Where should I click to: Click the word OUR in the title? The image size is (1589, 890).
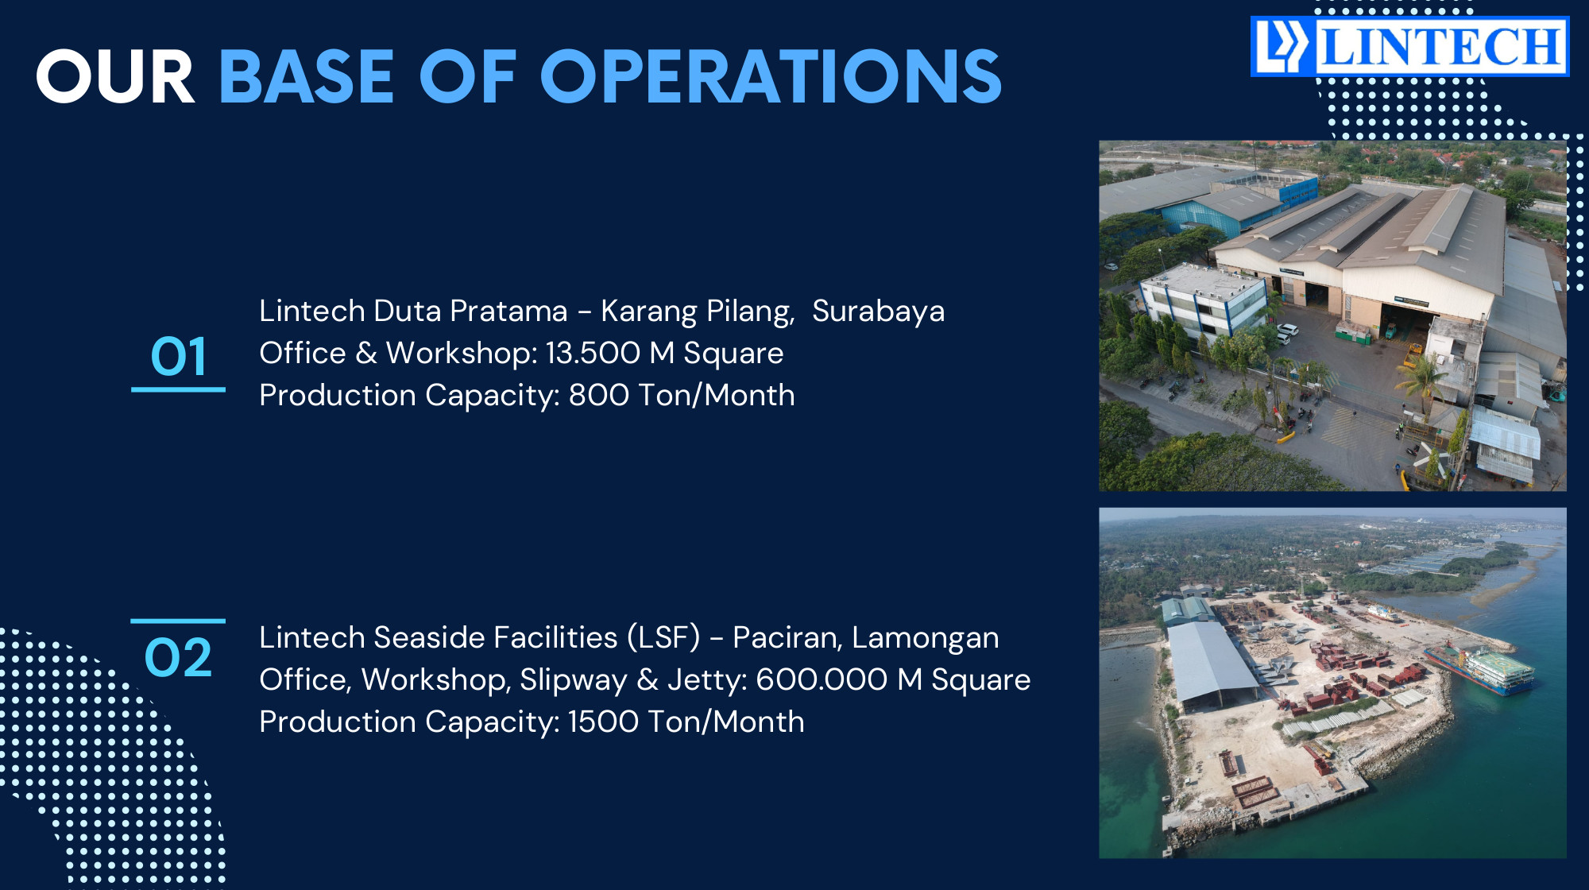[115, 77]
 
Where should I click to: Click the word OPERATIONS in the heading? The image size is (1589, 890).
[771, 77]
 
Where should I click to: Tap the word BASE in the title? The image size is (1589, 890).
[307, 77]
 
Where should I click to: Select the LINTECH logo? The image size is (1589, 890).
[1409, 47]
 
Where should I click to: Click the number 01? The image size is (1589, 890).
[179, 356]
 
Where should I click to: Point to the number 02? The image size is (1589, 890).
[179, 658]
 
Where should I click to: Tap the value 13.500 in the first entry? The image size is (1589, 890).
[593, 353]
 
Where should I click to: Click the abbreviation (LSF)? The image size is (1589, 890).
[663, 637]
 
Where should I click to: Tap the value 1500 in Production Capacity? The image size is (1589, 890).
[603, 722]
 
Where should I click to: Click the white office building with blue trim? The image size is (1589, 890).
[1201, 300]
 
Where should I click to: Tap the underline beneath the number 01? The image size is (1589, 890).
[179, 389]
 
